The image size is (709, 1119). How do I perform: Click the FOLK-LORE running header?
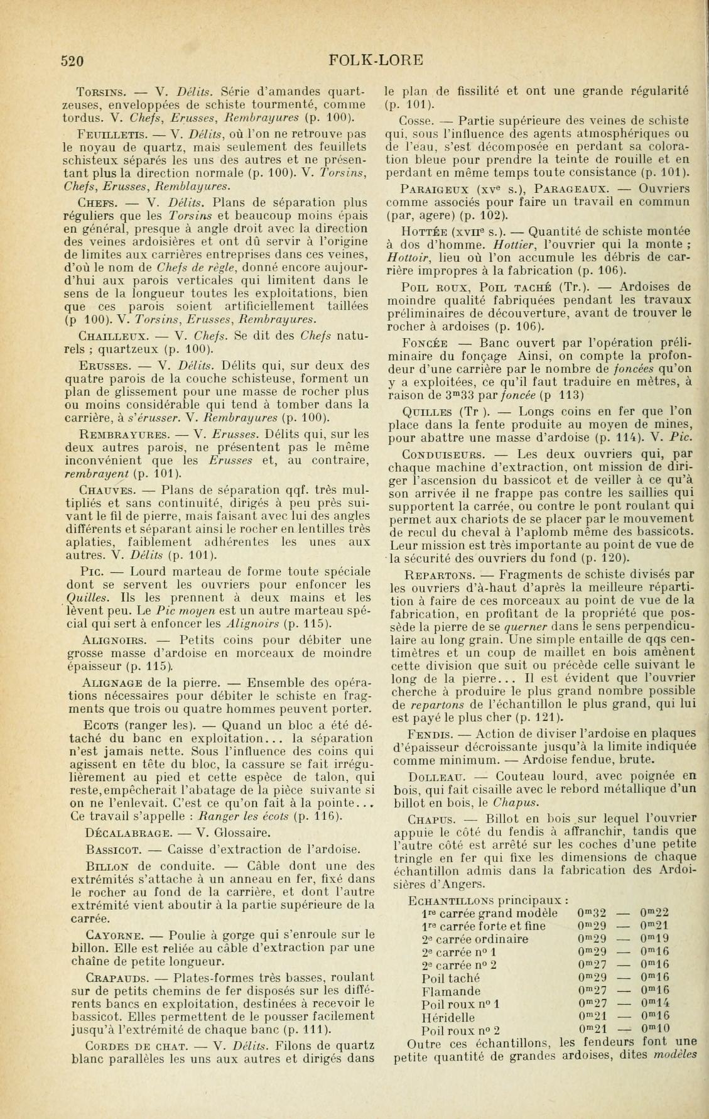376,60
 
